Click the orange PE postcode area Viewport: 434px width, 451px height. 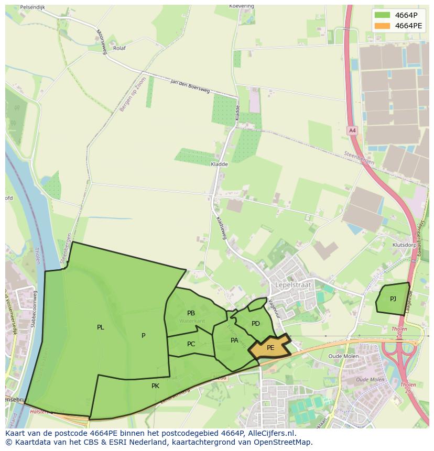point(270,347)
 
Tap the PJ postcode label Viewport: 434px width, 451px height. point(393,299)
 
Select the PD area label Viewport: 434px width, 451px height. point(256,324)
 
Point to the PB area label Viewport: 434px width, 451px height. point(191,313)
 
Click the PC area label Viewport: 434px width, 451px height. point(191,344)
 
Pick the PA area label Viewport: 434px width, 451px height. point(235,340)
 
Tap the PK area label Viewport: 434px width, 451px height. point(155,386)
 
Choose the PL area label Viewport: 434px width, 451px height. point(100,327)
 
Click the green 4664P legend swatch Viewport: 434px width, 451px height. point(383,15)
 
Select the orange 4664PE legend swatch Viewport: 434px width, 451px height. point(383,26)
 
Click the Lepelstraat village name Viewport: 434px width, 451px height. point(293,285)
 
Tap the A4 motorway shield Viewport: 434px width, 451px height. point(352,130)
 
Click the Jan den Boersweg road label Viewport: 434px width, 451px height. point(190,86)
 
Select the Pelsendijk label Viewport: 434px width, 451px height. point(32,8)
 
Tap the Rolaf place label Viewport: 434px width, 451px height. point(119,48)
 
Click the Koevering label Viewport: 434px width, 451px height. point(242,6)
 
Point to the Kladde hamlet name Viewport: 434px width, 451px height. point(219,164)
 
